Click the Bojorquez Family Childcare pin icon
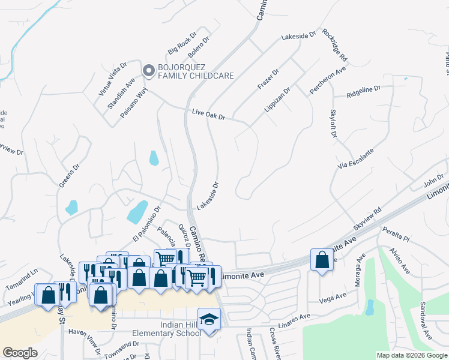(x=148, y=71)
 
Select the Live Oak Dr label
(x=208, y=114)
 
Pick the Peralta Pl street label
(x=398, y=236)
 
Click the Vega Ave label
(x=334, y=298)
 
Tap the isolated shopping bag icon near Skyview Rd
(x=322, y=260)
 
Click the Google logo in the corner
(x=20, y=353)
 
